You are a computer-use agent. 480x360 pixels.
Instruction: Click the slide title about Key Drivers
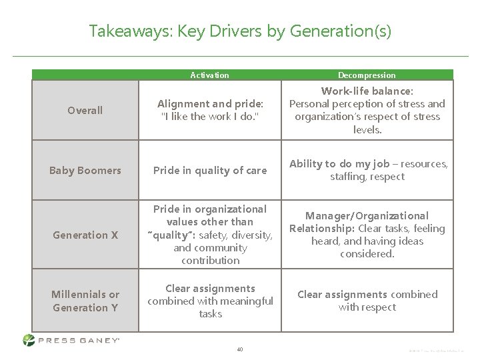[240, 31]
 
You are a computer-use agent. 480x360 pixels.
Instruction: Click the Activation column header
[209, 75]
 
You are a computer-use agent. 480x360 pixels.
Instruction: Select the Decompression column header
[367, 75]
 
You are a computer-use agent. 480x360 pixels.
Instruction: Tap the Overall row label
[85, 110]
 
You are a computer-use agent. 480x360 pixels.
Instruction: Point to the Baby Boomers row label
[85, 170]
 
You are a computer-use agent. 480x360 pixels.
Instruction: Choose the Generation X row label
[85, 235]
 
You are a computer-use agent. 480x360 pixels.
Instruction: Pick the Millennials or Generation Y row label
[85, 301]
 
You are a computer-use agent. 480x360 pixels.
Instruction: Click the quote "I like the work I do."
[210, 116]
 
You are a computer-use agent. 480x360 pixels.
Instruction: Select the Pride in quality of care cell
[210, 170]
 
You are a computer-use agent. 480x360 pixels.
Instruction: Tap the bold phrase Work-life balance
[367, 90]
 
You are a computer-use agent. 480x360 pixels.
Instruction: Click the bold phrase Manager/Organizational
[367, 216]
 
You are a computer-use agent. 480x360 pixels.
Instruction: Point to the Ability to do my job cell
[367, 170]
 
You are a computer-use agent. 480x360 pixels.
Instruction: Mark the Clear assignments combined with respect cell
[367, 301]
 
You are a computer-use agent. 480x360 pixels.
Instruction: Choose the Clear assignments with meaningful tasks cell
[210, 301]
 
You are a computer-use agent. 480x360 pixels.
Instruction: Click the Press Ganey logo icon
[29, 340]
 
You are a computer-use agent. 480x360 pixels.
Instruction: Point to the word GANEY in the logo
[96, 340]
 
